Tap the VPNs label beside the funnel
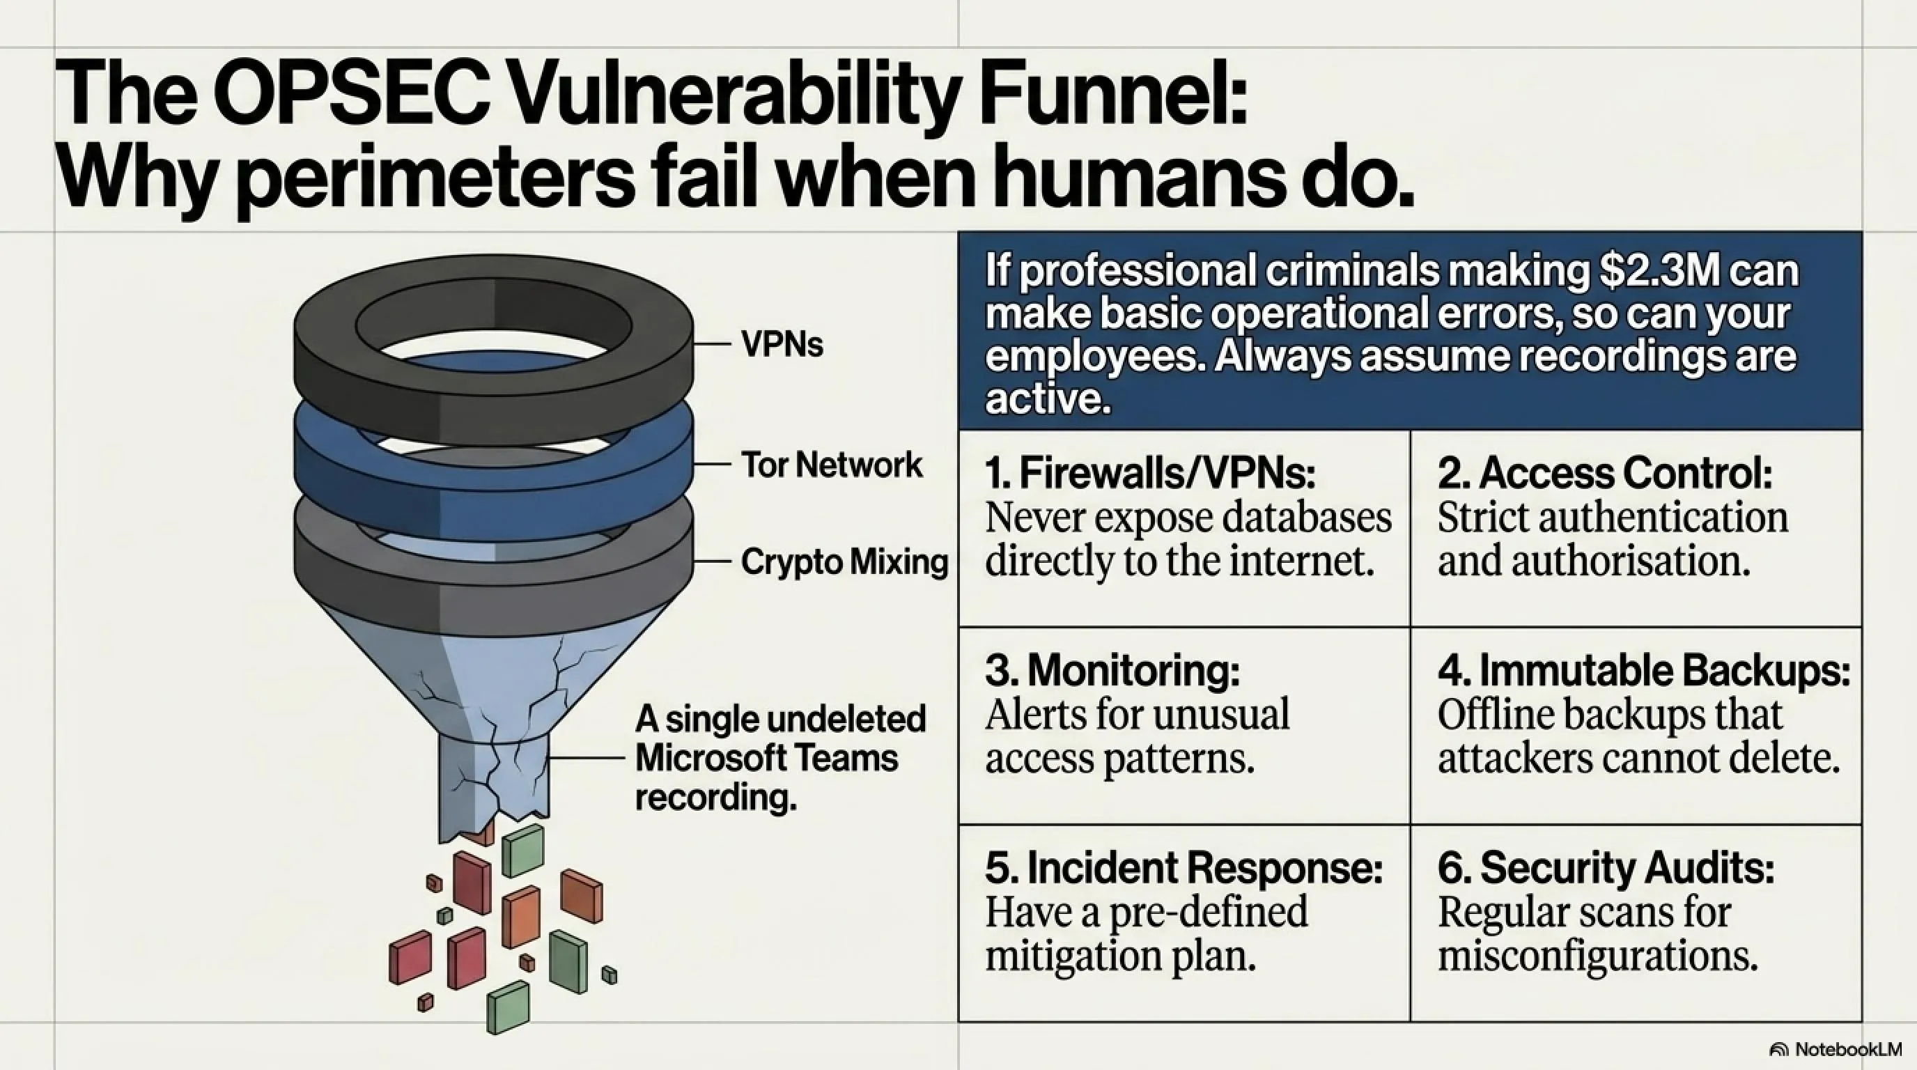point(782,345)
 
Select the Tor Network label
point(831,465)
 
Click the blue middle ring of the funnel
point(492,476)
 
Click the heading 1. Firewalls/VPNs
point(1150,472)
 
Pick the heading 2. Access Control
point(1604,472)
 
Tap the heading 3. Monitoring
point(1112,670)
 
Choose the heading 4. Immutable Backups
point(1644,670)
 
